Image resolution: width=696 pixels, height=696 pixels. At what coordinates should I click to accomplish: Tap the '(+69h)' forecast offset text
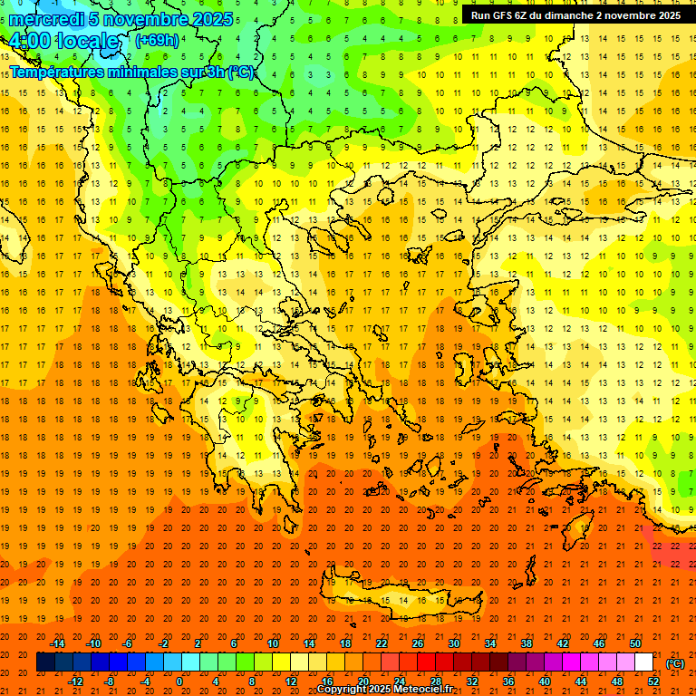click(x=156, y=41)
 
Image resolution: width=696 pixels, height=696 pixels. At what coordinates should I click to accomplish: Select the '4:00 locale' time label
click(x=63, y=42)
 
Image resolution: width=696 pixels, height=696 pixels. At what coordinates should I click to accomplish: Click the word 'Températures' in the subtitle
click(x=56, y=72)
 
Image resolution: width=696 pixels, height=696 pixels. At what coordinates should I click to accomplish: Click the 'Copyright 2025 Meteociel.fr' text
click(x=384, y=690)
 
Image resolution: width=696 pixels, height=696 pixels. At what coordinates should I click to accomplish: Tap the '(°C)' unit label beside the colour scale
click(x=675, y=663)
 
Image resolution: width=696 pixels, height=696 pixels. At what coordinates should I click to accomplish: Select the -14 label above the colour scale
click(x=58, y=643)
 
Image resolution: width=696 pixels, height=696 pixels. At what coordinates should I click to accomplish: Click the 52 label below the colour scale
click(x=653, y=681)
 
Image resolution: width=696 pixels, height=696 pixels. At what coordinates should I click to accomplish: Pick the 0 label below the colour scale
click(x=179, y=681)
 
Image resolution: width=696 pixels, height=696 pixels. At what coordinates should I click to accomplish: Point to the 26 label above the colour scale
click(x=418, y=643)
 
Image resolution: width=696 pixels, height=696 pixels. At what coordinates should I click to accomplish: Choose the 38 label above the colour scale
click(x=526, y=643)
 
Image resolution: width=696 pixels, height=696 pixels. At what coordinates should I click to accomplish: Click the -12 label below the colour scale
click(x=76, y=681)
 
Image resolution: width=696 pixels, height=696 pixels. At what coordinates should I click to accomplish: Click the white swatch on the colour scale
click(x=643, y=662)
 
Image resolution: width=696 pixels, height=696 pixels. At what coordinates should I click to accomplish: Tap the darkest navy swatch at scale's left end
click(x=45, y=662)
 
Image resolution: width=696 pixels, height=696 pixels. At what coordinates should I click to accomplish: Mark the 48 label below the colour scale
click(x=617, y=681)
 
